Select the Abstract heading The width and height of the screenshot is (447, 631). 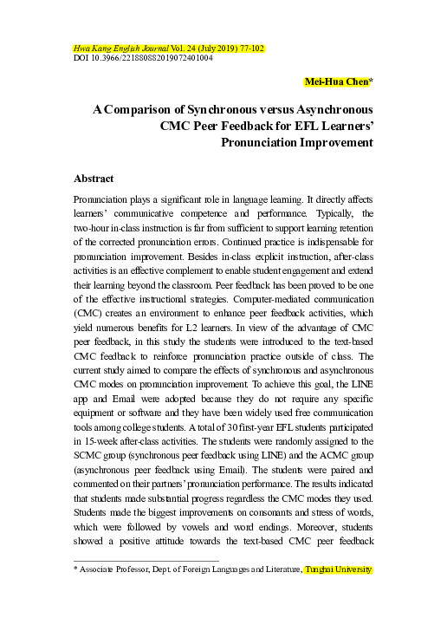pos(94,179)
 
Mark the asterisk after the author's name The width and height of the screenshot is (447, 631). pos(371,82)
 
